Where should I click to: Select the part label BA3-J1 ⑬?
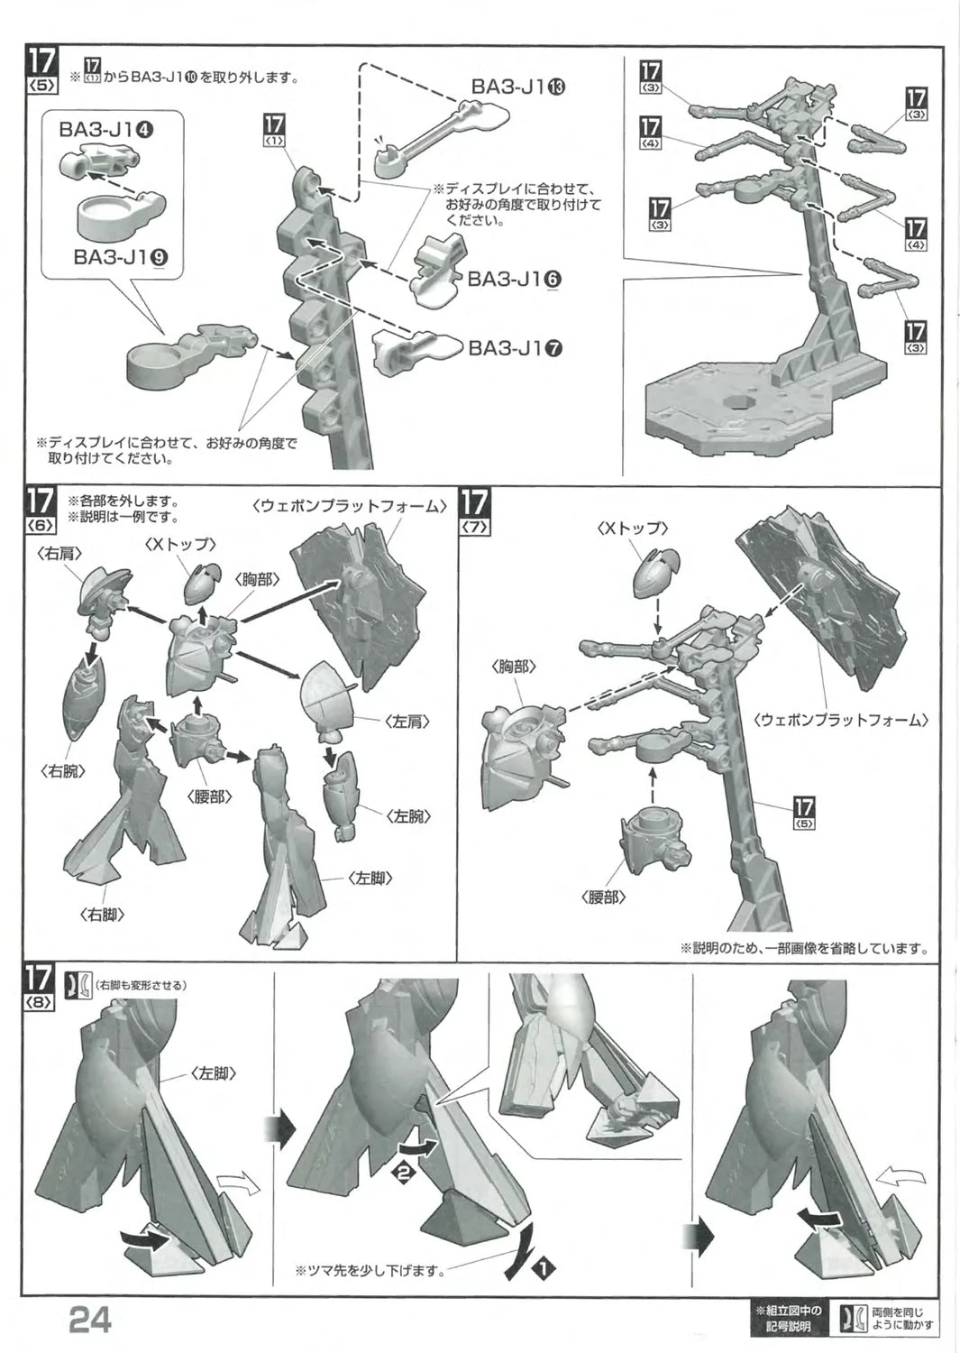coord(518,87)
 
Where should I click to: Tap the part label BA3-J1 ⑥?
coord(515,279)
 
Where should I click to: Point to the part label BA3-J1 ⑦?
coord(516,348)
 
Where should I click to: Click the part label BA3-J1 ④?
coord(105,130)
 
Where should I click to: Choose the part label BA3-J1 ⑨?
coord(121,257)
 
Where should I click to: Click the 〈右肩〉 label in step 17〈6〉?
coord(59,553)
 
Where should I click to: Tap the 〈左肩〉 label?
coord(407,722)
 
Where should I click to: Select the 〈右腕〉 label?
coord(62,771)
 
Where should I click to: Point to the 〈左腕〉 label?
coord(408,816)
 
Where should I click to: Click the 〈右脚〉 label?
coord(102,916)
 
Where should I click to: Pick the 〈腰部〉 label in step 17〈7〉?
coord(603,897)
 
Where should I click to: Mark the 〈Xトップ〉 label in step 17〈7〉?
coord(633,528)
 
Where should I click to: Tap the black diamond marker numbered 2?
coord(404,1173)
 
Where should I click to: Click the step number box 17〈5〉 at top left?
coord(41,70)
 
